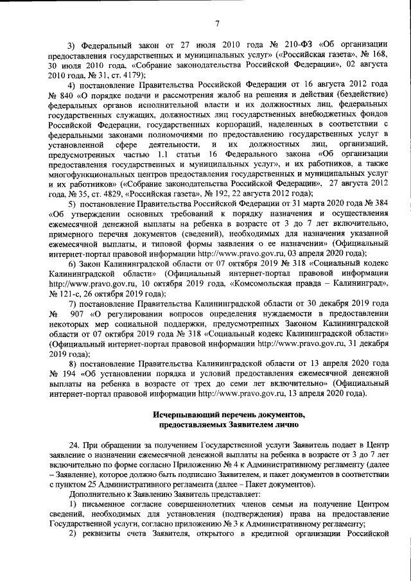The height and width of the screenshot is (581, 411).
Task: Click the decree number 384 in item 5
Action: click(x=380, y=204)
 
